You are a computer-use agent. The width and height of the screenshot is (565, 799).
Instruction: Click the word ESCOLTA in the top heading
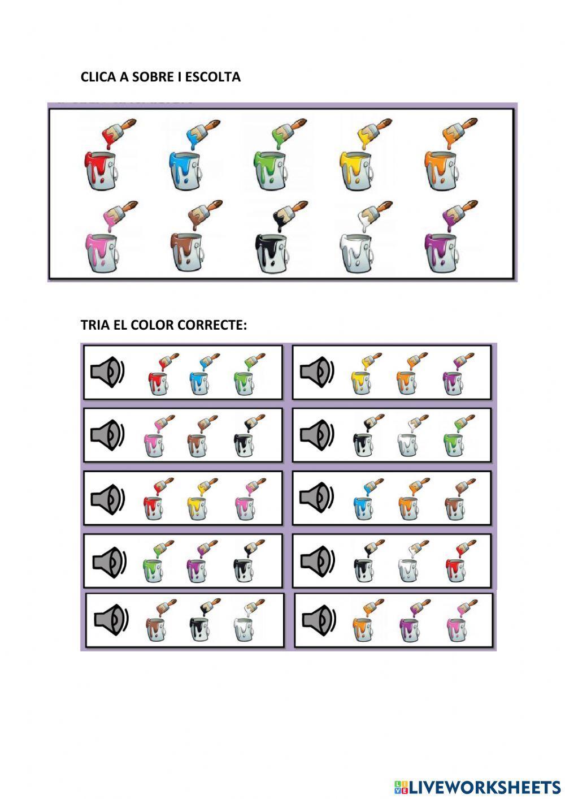tap(212, 77)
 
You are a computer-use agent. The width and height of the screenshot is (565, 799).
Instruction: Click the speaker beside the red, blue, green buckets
tap(107, 372)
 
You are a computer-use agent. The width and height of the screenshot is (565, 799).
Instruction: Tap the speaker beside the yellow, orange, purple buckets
tap(317, 372)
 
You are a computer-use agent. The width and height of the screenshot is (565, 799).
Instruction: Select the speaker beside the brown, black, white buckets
tap(111, 620)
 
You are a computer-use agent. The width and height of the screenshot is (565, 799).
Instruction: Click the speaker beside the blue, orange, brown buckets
tap(317, 498)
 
